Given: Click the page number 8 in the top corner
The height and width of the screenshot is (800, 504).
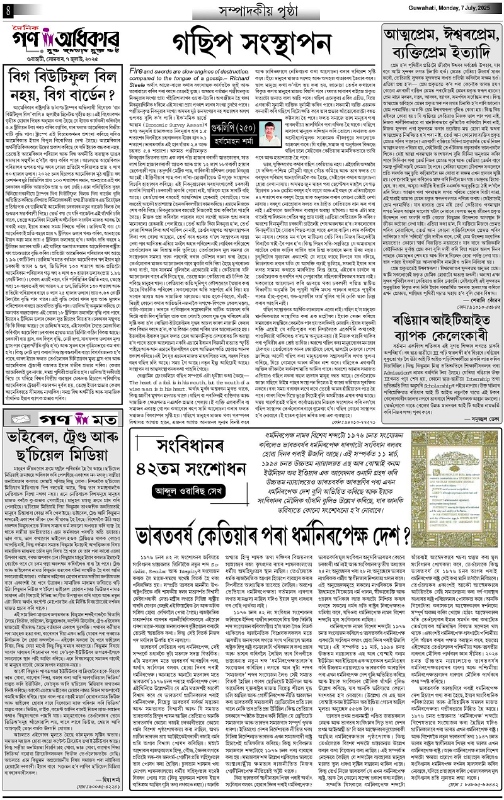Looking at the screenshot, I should click(x=7, y=9).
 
